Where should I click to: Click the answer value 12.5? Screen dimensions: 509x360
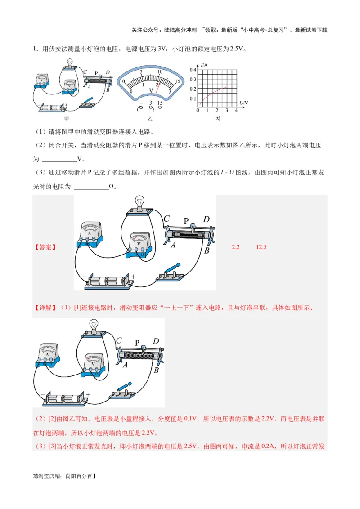pyautogui.click(x=261, y=247)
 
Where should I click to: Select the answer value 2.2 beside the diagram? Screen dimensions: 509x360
pyautogui.click(x=236, y=247)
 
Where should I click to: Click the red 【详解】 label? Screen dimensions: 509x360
pyautogui.click(x=45, y=308)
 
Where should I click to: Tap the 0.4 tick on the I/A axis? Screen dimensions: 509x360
pyautogui.click(x=193, y=70)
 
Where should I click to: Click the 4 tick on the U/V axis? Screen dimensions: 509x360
pyautogui.click(x=236, y=111)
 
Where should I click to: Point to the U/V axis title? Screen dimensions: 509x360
pyautogui.click(x=243, y=103)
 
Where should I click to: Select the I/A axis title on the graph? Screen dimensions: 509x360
pyautogui.click(x=205, y=65)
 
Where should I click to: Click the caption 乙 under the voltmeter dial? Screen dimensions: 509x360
pyautogui.click(x=150, y=119)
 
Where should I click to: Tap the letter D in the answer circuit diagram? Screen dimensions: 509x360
pyautogui.click(x=206, y=219)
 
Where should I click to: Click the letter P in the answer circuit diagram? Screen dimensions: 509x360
pyautogui.click(x=186, y=221)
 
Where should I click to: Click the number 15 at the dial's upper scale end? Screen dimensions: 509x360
pyautogui.click(x=178, y=81)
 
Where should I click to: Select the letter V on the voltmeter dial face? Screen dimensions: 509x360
pyautogui.click(x=151, y=90)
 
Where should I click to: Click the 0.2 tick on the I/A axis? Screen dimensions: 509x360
pyautogui.click(x=193, y=89)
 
